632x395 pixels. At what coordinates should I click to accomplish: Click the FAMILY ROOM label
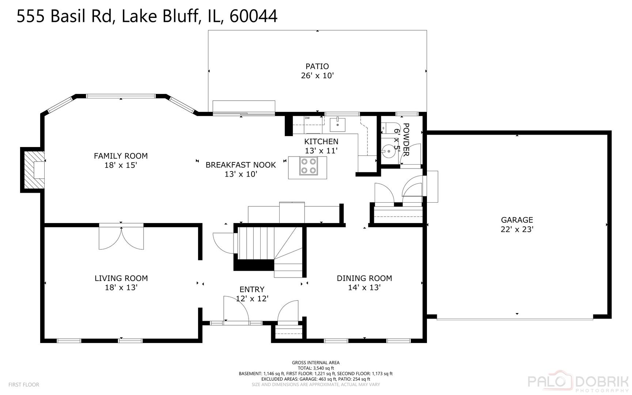[121, 156]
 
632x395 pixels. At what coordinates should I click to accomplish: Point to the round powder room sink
[389, 151]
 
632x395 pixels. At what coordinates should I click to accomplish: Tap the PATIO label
[317, 66]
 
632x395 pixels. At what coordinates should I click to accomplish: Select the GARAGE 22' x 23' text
[516, 225]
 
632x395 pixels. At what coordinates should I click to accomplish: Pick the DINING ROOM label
[364, 278]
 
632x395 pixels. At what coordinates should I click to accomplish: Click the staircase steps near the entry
[256, 243]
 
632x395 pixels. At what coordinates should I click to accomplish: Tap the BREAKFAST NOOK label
[241, 165]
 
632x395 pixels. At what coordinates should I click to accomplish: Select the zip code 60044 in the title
[253, 16]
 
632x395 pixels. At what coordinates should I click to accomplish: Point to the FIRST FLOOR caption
[24, 385]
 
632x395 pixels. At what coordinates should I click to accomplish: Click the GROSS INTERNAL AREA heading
[315, 363]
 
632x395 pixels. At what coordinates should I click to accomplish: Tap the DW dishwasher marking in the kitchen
[307, 118]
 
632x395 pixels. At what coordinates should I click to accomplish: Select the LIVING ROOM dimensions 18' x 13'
[121, 287]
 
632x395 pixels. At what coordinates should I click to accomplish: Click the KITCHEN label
[321, 142]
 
